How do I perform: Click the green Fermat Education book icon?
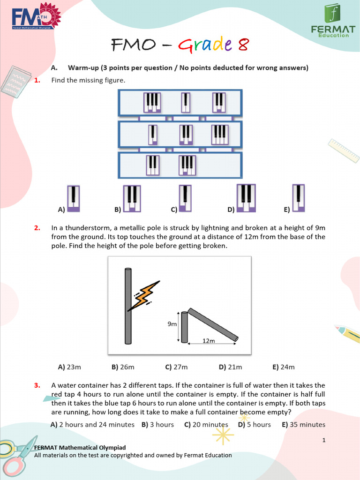(333, 14)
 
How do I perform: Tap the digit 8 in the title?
(242, 45)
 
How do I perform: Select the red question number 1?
(37, 80)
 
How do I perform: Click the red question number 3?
(37, 385)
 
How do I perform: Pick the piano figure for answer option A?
(73, 197)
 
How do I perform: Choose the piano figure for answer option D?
(246, 198)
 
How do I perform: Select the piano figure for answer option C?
(185, 197)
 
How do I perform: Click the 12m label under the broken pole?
(209, 341)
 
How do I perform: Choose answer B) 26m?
(123, 367)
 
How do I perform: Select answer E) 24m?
(284, 367)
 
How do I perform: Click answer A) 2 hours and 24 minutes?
(92, 424)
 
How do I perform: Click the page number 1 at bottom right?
(323, 440)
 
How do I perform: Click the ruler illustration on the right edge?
(344, 150)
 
